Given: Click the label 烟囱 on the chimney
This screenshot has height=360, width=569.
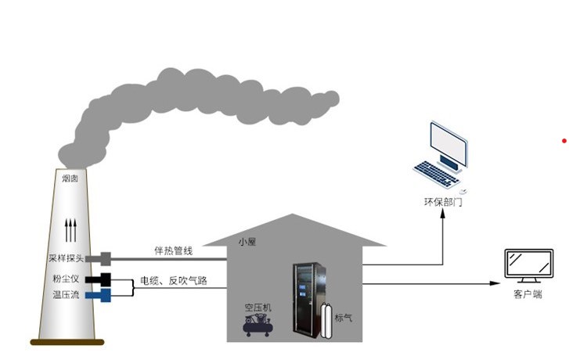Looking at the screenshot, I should pos(70,178).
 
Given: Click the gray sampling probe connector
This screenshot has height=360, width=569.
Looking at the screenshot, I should pos(105,258).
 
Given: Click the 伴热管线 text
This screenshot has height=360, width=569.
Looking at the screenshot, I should pos(173,250).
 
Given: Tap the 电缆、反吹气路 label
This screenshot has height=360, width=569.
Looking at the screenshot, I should pos(174,280).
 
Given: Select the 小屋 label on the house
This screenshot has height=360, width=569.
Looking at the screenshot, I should pos(248,242).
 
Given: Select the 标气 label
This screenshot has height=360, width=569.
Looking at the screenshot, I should pos(344,318).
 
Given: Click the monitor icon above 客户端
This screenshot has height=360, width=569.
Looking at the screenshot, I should pos(528,267).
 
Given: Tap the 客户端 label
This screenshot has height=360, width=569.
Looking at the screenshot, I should pos(528,294).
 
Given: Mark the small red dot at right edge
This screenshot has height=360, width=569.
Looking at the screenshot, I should pos(564,141).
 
